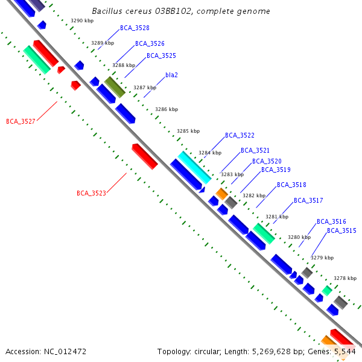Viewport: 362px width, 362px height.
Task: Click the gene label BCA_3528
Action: pyautogui.click(x=135, y=28)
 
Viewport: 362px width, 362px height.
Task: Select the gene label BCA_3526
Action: pyautogui.click(x=150, y=43)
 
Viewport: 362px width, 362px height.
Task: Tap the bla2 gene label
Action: pyautogui.click(x=171, y=75)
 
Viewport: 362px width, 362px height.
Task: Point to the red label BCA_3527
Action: pyautogui.click(x=21, y=121)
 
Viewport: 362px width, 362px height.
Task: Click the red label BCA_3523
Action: pyautogui.click(x=91, y=193)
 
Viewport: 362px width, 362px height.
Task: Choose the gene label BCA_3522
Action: pyautogui.click(x=240, y=135)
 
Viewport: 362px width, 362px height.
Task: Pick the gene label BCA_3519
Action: pyautogui.click(x=276, y=170)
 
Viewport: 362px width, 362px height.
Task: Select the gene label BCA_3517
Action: pyautogui.click(x=308, y=200)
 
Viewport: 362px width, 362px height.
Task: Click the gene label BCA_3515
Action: pyautogui.click(x=341, y=230)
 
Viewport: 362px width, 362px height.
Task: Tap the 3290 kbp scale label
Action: pyautogui.click(x=82, y=21)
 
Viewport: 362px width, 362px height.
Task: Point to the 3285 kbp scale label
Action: pyautogui.click(x=188, y=131)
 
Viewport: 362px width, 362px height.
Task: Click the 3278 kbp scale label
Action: pyautogui.click(x=345, y=278)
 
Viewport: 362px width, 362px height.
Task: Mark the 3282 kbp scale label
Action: pyautogui.click(x=254, y=195)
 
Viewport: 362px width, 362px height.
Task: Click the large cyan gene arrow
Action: pyautogui.click(x=194, y=167)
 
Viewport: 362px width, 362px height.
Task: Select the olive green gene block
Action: pyautogui.click(x=115, y=87)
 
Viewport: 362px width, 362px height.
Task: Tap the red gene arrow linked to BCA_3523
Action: pyautogui.click(x=145, y=156)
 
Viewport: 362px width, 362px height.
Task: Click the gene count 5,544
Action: pyautogui.click(x=343, y=351)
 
